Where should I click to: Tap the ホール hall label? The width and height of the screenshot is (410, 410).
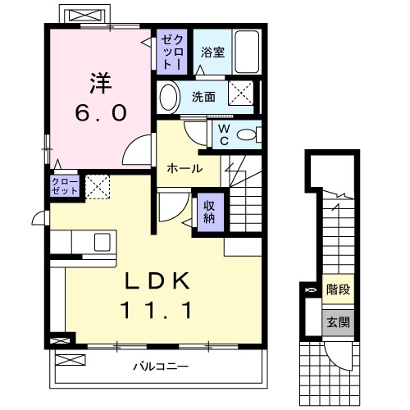(x=185, y=168)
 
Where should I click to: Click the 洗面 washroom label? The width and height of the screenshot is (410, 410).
(x=204, y=97)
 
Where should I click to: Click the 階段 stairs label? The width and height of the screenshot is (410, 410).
(x=337, y=289)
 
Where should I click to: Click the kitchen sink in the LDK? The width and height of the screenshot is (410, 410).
(x=102, y=242)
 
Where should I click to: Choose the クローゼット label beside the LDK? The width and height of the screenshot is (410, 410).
(x=66, y=185)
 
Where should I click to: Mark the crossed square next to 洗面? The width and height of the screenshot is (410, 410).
(x=240, y=93)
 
